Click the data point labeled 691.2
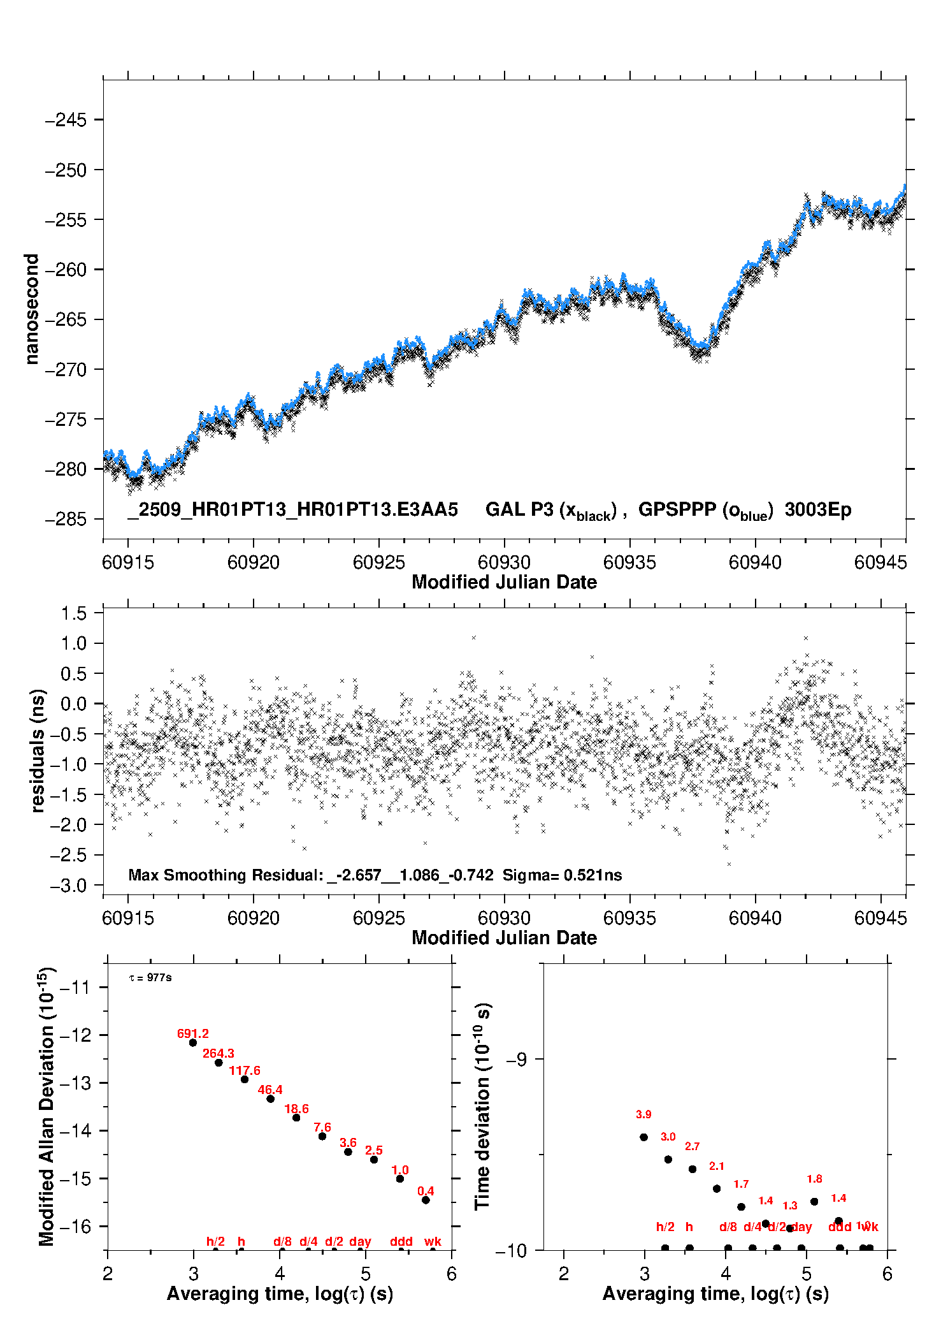click(193, 1042)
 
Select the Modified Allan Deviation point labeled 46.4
click(270, 1098)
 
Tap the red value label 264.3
click(219, 1053)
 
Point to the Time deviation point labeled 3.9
click(643, 1137)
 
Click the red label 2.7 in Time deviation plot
click(692, 1146)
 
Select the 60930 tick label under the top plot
click(504, 562)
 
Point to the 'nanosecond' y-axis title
click(31, 309)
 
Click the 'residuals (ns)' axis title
click(38, 750)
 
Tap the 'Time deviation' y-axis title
click(482, 1107)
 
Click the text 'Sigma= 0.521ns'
click(562, 875)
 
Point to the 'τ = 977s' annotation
click(150, 977)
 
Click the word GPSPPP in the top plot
click(677, 509)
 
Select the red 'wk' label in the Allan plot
click(433, 1241)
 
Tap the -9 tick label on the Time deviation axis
click(517, 1059)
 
